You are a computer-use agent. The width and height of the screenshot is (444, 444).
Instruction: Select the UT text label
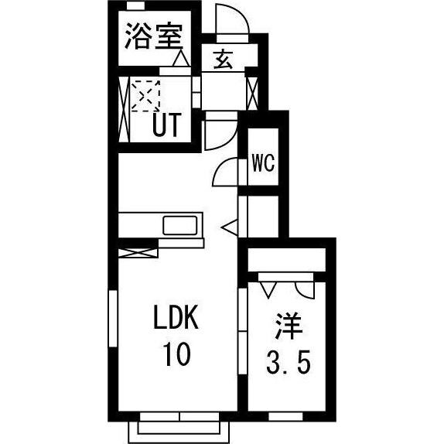(168, 124)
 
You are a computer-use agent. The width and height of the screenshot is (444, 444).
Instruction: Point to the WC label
(261, 164)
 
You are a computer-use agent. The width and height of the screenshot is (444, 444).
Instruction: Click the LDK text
(176, 318)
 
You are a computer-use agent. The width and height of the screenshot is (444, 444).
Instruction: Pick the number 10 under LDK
(176, 355)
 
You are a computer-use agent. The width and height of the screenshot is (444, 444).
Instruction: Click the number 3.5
(289, 360)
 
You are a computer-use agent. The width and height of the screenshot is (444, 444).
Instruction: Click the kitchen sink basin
(180, 226)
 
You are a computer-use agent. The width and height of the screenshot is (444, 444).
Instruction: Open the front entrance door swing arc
(231, 19)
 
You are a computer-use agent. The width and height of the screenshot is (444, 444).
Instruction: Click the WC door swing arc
(225, 170)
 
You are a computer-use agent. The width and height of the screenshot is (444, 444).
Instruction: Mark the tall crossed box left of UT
(125, 108)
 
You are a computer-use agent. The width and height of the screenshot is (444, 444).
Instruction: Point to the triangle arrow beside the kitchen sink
(230, 227)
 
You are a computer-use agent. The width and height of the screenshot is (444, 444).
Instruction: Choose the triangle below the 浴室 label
(180, 58)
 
